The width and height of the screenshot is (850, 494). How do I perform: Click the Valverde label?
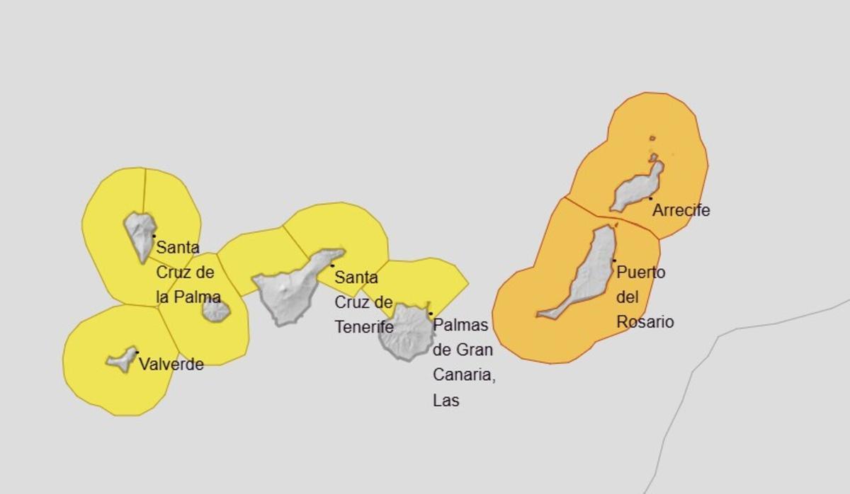171,364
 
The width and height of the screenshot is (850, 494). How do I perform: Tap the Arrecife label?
681,210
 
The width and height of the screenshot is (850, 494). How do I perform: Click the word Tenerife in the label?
364,327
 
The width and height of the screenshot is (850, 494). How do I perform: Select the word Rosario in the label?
645,322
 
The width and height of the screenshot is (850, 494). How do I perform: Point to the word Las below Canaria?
446,401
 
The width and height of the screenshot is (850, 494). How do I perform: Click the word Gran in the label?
474,350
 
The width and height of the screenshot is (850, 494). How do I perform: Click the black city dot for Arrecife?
650,198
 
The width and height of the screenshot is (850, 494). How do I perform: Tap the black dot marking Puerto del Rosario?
614,260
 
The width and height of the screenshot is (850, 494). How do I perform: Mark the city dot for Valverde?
137,352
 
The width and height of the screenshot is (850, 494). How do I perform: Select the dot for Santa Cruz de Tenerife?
332,265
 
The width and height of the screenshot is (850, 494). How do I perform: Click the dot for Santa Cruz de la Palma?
154,236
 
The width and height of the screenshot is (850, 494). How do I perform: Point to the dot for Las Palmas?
431,314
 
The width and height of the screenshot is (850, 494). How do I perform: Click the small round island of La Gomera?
215,310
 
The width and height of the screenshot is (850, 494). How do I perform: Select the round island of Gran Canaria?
404,333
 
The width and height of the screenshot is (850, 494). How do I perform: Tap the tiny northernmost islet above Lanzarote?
652,138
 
